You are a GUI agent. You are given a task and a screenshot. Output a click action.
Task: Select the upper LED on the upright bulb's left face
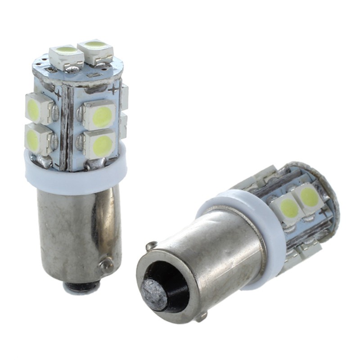click(38, 108)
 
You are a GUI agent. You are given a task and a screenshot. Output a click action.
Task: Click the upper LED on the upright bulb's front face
click(100, 115)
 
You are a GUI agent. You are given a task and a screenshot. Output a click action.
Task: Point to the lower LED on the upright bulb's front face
click(101, 144)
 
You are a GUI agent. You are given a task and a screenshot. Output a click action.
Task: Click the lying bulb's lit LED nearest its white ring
click(288, 208)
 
